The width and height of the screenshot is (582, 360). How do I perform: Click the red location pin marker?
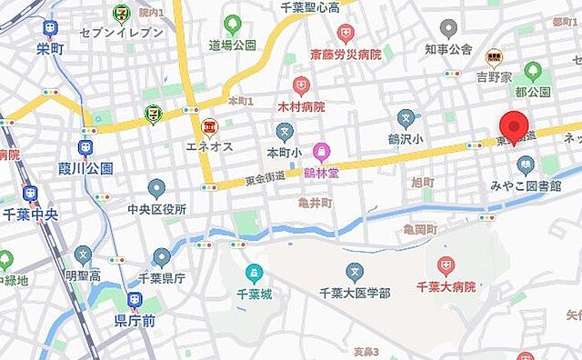click(x=516, y=126)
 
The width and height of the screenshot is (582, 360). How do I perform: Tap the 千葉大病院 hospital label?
click(x=446, y=286)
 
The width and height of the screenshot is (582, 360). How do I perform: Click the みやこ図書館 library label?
click(x=526, y=185)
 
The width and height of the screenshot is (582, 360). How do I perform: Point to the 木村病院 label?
click(x=301, y=106)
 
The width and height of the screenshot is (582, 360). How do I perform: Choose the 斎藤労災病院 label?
click(x=345, y=54)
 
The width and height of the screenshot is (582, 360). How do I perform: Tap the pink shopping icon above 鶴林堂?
click(x=320, y=151)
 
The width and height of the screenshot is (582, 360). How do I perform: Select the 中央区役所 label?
click(x=156, y=208)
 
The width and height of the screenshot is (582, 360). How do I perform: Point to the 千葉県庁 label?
click(x=162, y=279)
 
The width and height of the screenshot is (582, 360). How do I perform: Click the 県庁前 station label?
click(x=135, y=319)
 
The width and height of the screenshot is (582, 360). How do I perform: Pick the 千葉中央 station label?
click(x=30, y=215)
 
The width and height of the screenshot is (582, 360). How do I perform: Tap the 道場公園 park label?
click(x=233, y=44)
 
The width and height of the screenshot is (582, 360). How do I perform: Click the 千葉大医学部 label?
click(x=355, y=292)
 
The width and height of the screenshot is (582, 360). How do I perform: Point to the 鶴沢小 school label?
click(x=406, y=139)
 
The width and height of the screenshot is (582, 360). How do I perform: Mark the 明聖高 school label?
click(x=83, y=275)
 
